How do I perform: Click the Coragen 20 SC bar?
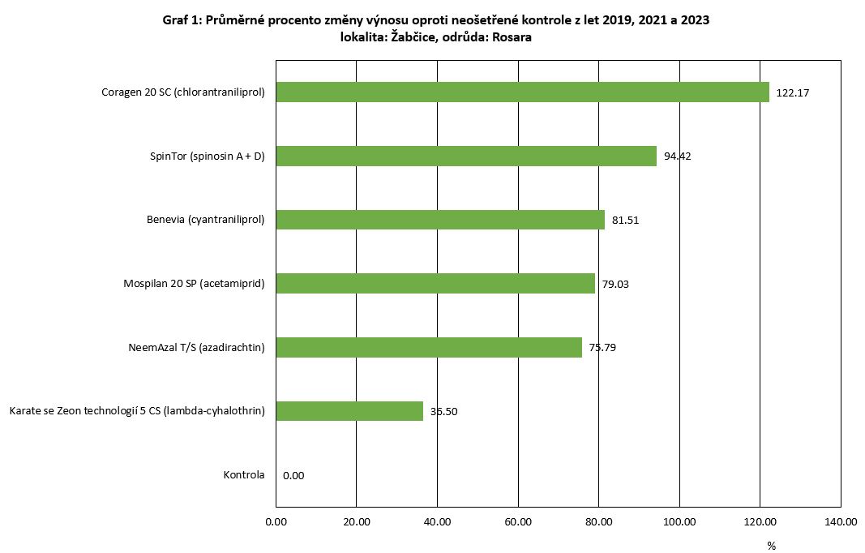(522, 92)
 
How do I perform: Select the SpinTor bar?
(466, 156)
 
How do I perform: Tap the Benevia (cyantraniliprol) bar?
(440, 220)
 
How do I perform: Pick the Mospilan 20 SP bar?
(435, 283)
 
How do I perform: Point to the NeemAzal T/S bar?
(429, 347)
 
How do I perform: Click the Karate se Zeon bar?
(349, 411)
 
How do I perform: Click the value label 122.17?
(793, 93)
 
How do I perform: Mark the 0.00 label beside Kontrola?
(293, 476)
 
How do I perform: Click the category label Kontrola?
(244, 475)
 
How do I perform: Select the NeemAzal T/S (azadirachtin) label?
(196, 348)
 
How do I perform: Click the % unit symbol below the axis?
(771, 545)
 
